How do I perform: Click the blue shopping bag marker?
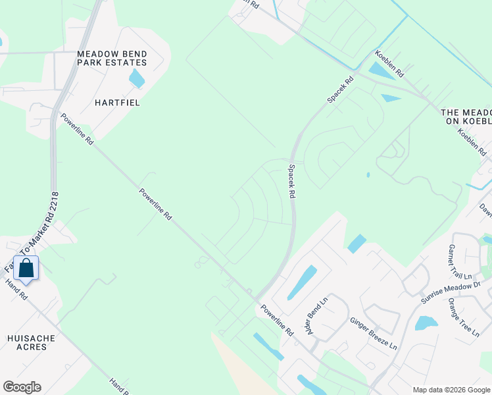[x=26, y=269]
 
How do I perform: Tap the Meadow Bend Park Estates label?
[x=112, y=58]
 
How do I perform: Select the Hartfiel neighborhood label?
[x=118, y=103]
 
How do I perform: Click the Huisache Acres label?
[x=31, y=343]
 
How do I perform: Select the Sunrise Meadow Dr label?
[x=452, y=292]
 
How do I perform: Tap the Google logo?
[x=22, y=387]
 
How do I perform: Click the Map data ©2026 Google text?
[x=451, y=390]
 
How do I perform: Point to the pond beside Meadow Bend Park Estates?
[x=137, y=78]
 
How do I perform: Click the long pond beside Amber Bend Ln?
[x=301, y=282]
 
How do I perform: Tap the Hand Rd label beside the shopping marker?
[x=16, y=290]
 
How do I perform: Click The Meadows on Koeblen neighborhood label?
[x=466, y=117]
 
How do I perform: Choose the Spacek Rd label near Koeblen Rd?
[x=341, y=89]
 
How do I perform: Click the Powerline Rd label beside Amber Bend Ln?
[x=276, y=320]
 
